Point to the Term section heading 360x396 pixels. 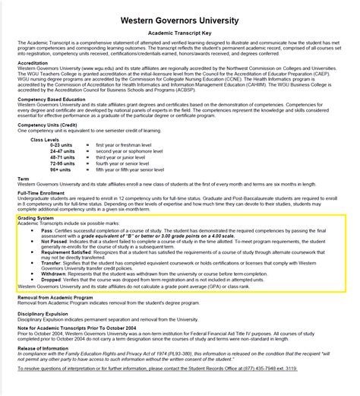23,179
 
